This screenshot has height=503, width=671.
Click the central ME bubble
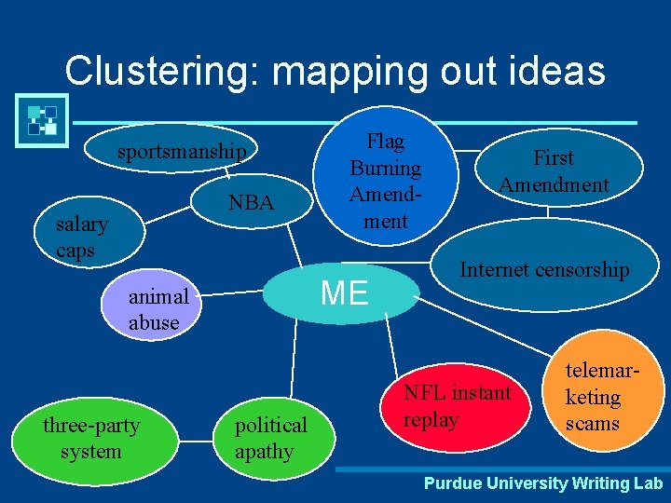(x=344, y=292)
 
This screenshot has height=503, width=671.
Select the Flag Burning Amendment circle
(x=386, y=182)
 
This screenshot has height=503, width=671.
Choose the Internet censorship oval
(x=544, y=270)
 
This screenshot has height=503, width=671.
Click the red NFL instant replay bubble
(x=457, y=406)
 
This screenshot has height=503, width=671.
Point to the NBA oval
(x=251, y=202)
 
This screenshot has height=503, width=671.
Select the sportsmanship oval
(x=182, y=152)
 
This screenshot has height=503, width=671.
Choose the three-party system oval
(x=90, y=438)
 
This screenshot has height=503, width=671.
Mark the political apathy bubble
(x=270, y=438)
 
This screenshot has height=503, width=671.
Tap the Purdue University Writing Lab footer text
(x=543, y=483)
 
